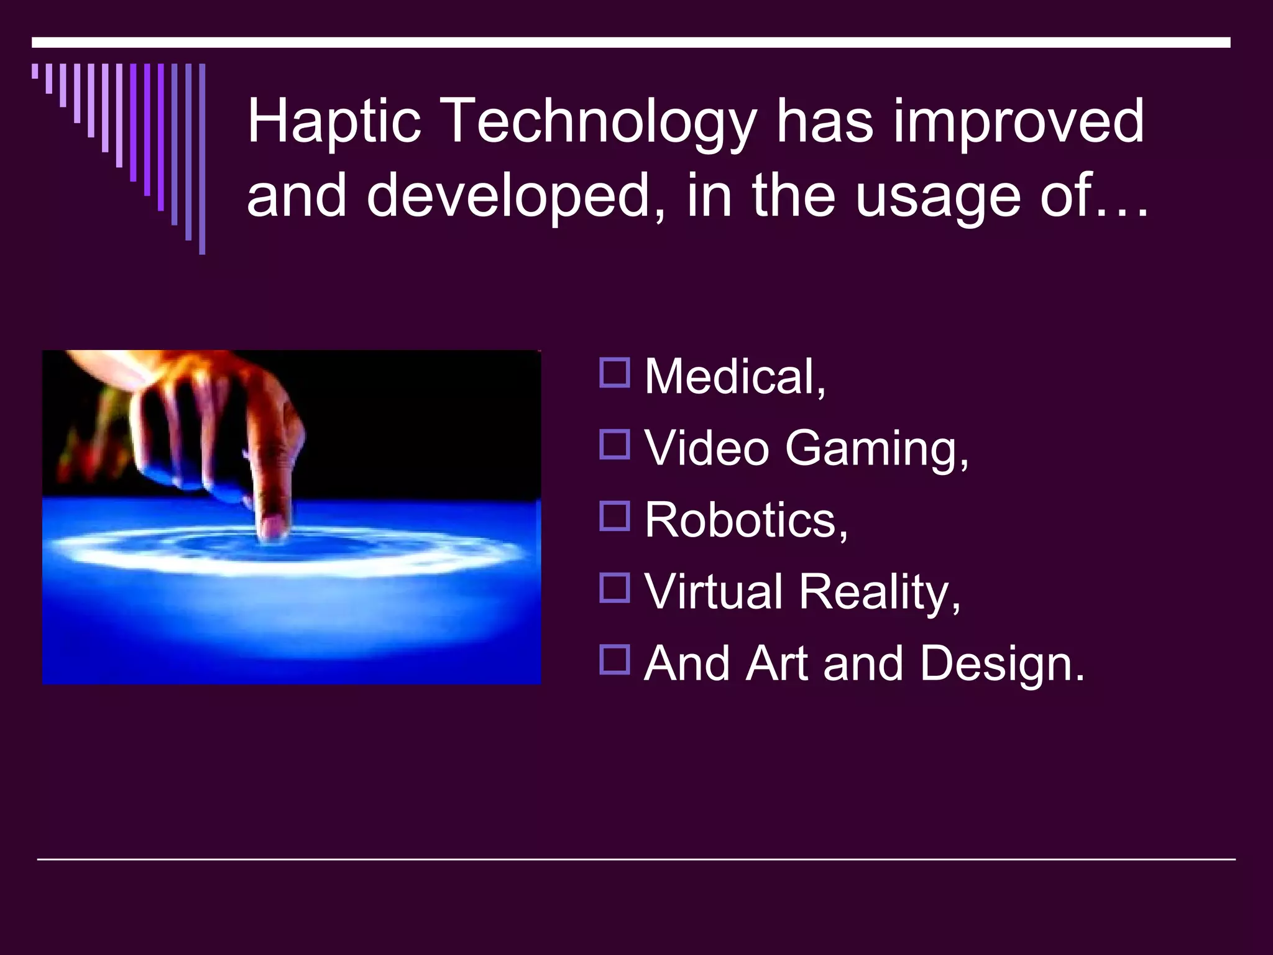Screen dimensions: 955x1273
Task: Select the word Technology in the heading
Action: pyautogui.click(x=601, y=122)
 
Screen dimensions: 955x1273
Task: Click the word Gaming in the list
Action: pyautogui.click(x=876, y=449)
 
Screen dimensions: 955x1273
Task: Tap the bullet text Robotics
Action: pyautogui.click(x=746, y=520)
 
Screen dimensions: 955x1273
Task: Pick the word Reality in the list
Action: pyautogui.click(x=880, y=592)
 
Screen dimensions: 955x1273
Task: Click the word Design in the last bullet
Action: pyautogui.click(x=1002, y=663)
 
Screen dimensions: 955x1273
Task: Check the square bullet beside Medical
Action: pyautogui.click(x=615, y=373)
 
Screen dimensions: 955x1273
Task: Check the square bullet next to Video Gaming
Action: pyautogui.click(x=615, y=445)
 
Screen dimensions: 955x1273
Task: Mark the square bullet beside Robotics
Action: pyautogui.click(x=615, y=516)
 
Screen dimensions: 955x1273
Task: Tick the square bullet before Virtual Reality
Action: pyautogui.click(x=615, y=588)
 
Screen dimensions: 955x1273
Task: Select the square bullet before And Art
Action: pyautogui.click(x=615, y=659)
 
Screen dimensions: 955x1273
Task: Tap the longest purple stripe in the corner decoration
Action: pyautogui.click(x=202, y=159)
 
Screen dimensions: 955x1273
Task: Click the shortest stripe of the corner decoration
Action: pyautogui.click(x=35, y=71)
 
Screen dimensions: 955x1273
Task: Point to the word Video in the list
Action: pyautogui.click(x=707, y=448)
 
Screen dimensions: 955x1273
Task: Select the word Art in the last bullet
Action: pyautogui.click(x=777, y=663)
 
